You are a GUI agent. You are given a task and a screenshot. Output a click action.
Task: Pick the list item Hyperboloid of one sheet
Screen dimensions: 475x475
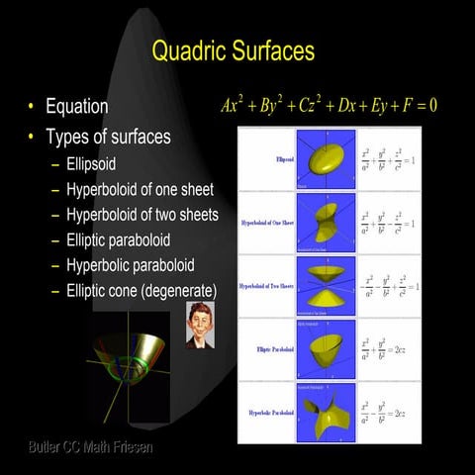tap(140, 188)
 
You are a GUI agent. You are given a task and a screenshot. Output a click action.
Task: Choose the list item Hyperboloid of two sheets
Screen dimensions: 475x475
tap(142, 214)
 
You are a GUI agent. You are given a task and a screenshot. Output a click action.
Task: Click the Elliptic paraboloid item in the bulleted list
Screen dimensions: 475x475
tap(118, 239)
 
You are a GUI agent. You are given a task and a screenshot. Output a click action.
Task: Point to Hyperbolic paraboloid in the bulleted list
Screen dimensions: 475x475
tap(130, 265)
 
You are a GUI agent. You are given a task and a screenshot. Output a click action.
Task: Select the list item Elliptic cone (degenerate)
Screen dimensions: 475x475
tap(141, 290)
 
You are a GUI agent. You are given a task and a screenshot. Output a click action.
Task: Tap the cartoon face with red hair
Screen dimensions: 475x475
tap(201, 324)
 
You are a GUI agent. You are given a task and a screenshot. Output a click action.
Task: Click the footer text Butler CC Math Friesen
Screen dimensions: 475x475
tap(91, 448)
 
